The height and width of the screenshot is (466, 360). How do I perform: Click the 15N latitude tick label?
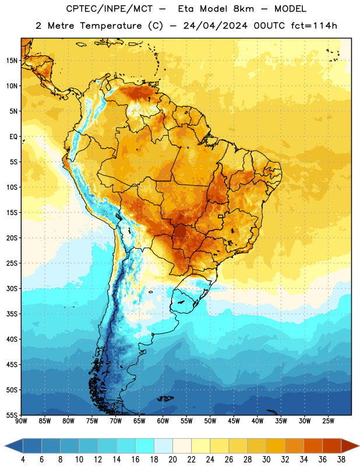pos(12,61)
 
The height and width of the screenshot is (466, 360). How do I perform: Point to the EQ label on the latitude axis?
pos(13,137)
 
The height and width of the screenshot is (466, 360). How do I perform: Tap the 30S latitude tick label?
pos(12,288)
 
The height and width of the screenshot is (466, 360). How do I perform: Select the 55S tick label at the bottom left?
pos(12,415)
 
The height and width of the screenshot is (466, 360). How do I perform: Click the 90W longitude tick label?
pos(21,421)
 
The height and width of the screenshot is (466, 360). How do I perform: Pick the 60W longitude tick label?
pos(163,421)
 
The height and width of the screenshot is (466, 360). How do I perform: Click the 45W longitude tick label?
pos(234,421)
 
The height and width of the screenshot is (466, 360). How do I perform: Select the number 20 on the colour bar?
pos(172,460)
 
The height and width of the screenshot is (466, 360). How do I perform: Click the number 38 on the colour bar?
pos(341,460)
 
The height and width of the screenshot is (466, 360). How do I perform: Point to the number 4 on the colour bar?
pos(23,460)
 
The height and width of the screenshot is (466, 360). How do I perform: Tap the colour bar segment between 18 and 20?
pos(163,446)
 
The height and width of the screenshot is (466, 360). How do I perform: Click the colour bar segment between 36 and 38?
pos(332,446)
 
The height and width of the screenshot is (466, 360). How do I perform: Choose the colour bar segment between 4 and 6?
pos(32,446)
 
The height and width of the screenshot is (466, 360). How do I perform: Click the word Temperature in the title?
pos(111,26)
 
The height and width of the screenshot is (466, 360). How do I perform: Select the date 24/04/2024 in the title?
pos(215,26)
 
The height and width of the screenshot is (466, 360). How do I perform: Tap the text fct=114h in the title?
pos(314,26)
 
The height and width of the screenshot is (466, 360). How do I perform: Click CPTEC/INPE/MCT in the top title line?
pos(109,9)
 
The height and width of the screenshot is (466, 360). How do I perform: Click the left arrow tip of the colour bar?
pos(5,446)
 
